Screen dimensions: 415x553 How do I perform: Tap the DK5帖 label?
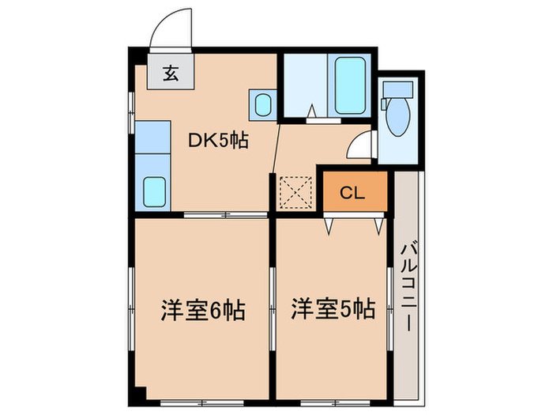(218, 141)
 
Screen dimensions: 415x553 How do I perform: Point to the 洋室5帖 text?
(332, 308)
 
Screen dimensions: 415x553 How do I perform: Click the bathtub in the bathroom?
(349, 85)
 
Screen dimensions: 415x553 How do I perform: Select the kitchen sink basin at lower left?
(154, 191)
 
